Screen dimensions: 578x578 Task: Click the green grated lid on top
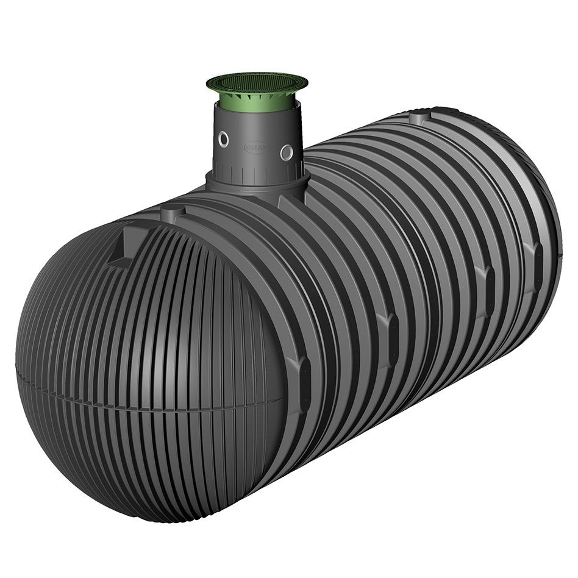(257, 82)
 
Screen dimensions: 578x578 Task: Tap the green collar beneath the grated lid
(257, 97)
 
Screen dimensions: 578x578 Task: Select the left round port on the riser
(224, 140)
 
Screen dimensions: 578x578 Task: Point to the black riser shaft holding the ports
(256, 131)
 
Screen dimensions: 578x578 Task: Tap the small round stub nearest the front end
(173, 213)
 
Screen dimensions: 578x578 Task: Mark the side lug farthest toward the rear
(535, 257)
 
